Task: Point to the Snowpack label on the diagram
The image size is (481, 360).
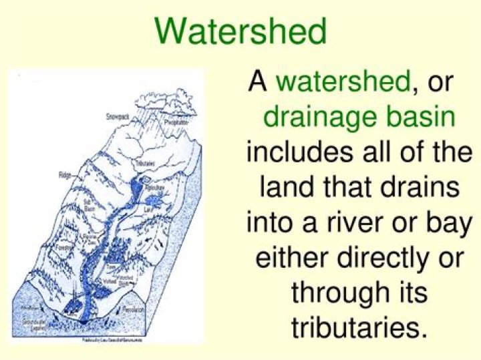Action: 116,116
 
